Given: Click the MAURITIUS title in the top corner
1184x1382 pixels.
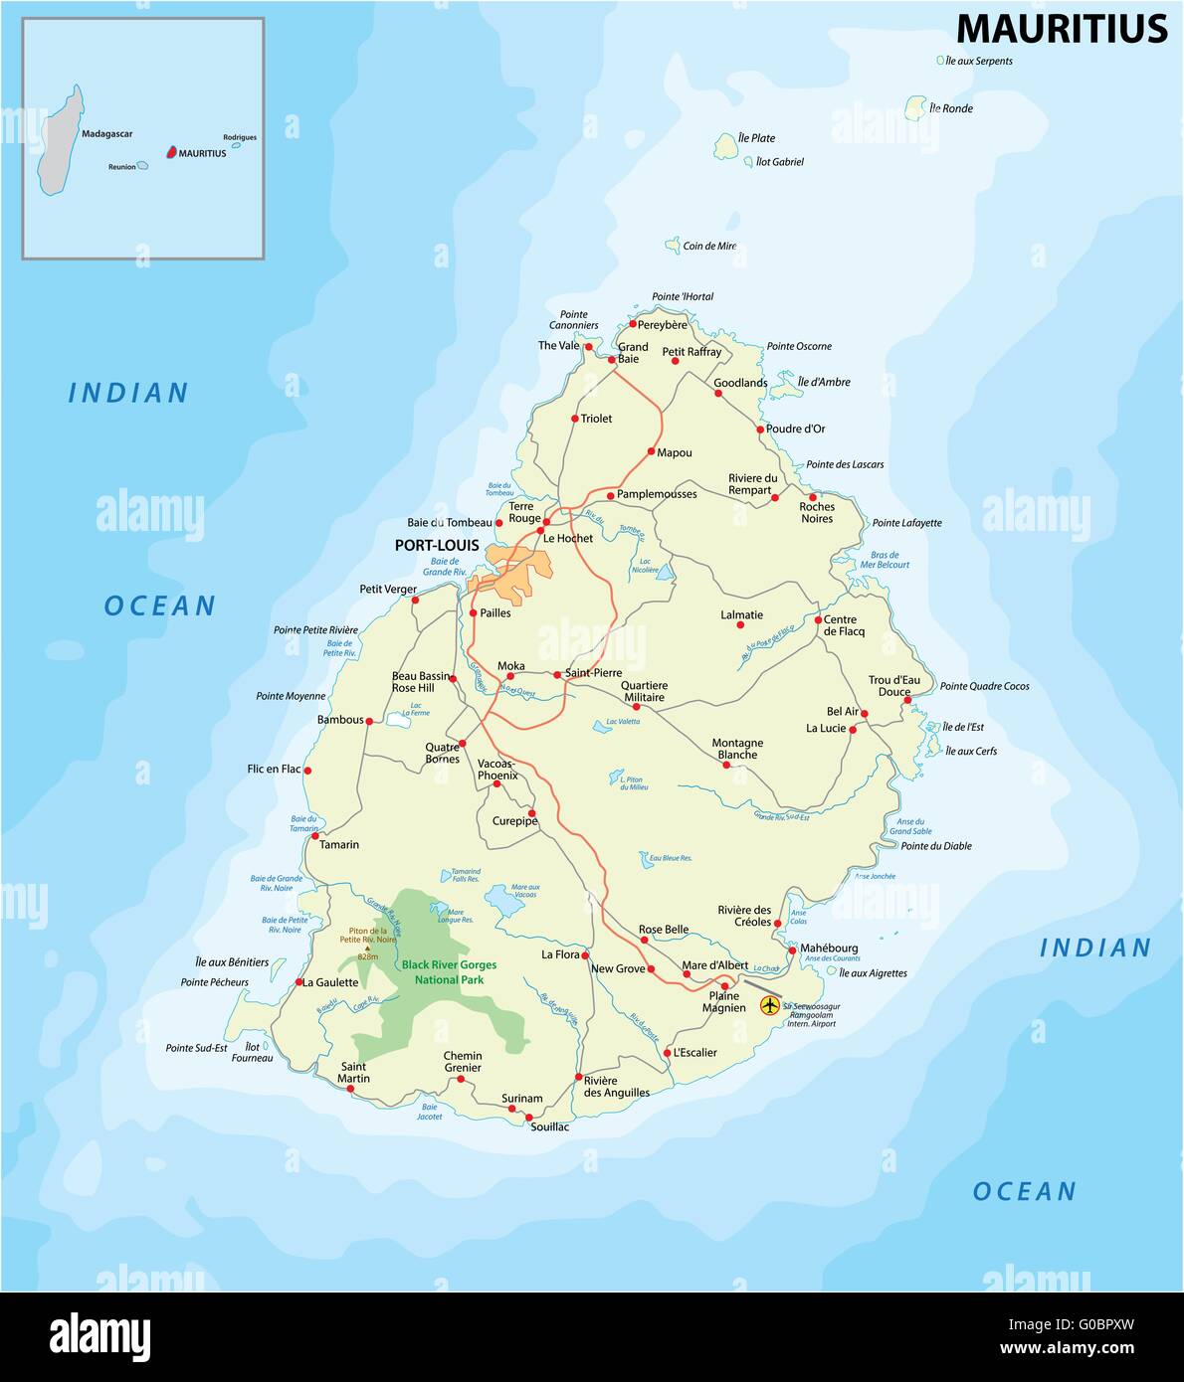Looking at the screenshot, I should point(1061,29).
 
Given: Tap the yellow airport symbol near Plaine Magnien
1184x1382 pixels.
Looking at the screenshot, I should point(769,1005).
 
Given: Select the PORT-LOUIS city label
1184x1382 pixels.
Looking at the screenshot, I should point(437,546).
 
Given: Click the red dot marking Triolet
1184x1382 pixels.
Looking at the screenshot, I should point(575,419).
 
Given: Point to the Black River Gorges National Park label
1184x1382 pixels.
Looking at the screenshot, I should point(449,972).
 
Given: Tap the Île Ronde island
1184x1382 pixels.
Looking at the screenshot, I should point(915,107).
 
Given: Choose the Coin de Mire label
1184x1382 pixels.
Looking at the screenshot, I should point(709,246).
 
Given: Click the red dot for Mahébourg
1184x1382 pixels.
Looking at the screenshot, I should point(792,950).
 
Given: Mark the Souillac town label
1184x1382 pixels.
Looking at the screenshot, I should point(549,1127).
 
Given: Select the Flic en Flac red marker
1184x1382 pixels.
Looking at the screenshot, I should point(307,771).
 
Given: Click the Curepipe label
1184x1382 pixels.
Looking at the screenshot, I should point(514,821).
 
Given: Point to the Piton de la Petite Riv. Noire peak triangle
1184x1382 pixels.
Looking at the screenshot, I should point(366,949).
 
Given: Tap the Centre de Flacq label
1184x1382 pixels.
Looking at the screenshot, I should point(844,625).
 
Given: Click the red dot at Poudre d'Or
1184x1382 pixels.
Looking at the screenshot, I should point(760,430).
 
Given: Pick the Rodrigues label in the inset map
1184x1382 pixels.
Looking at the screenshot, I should point(240,137).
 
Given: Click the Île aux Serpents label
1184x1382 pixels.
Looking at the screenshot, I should point(979,61).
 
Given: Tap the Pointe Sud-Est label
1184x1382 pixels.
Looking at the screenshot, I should point(196,1048).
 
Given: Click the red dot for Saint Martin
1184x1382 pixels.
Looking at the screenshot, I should point(350,1089).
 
